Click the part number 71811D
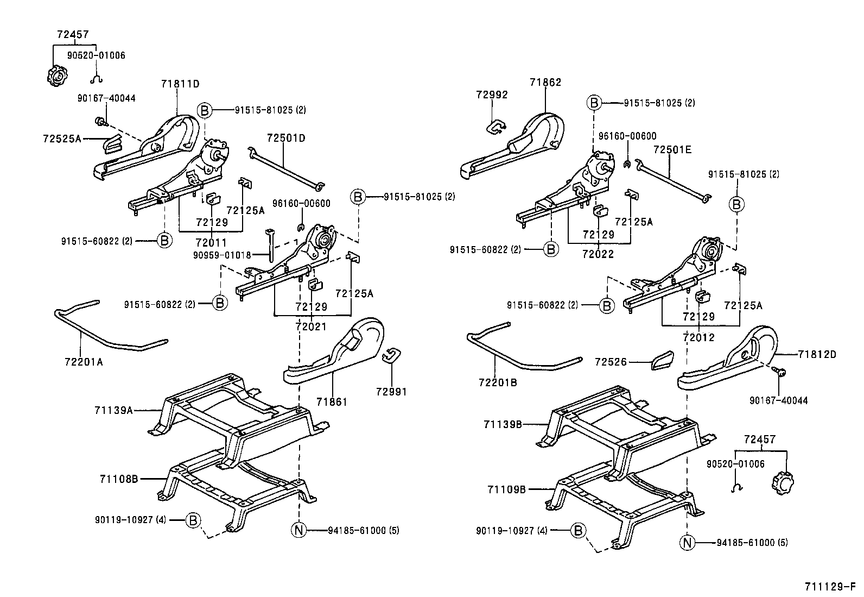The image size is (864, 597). pos(180,84)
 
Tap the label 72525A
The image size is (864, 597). pos(62,139)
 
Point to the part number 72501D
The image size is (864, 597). pos(286,138)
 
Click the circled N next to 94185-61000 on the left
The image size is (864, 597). pos(299,530)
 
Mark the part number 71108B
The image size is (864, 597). pos(119,479)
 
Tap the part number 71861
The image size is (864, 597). pos(332,402)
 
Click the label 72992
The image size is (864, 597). pos(492,95)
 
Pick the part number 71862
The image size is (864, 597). pos(545,83)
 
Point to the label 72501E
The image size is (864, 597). pos(672,149)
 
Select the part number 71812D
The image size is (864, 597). pos(817,354)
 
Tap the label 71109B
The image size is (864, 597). pos(506,489)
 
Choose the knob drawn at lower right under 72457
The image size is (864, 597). pos(783,482)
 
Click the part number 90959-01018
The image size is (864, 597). pos(222,254)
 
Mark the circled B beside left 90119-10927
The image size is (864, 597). pos(193,520)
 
